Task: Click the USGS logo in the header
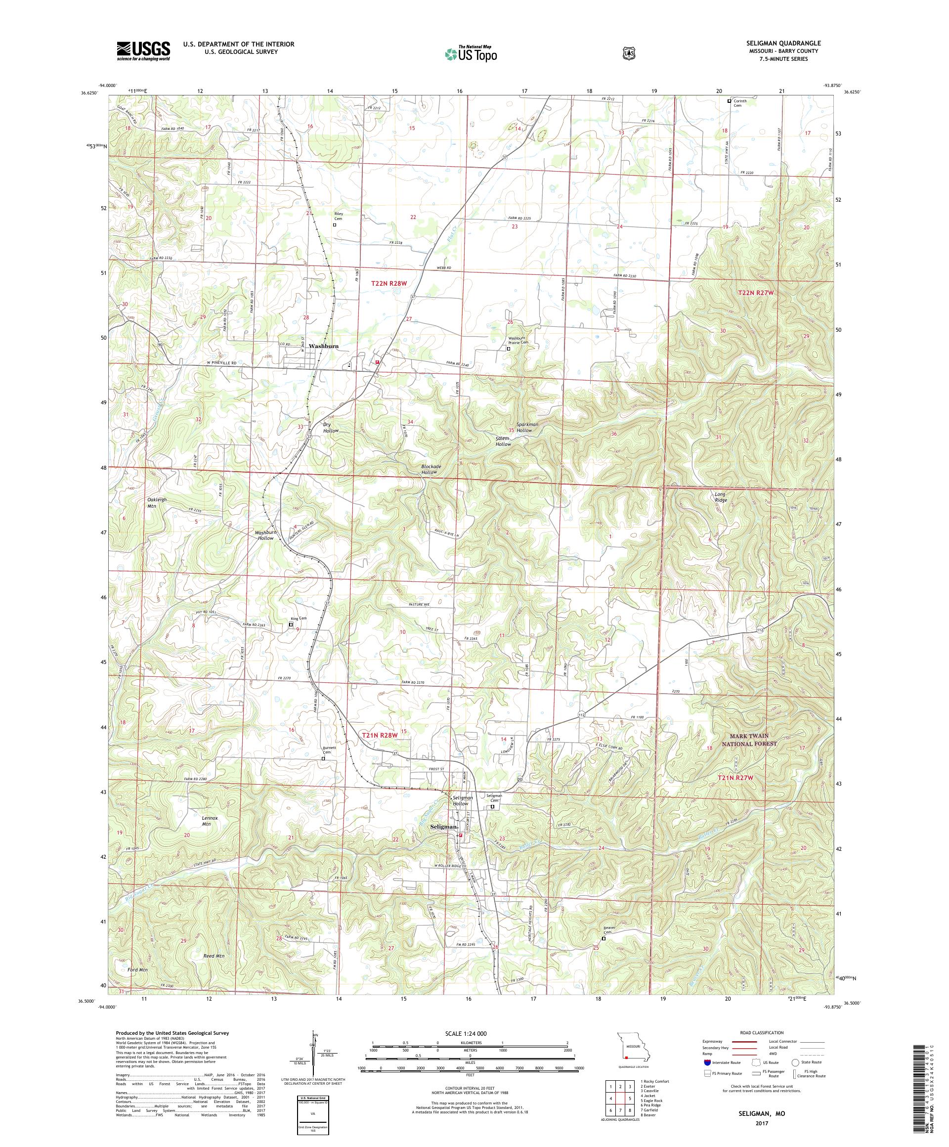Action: click(x=143, y=51)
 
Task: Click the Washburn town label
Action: click(x=323, y=346)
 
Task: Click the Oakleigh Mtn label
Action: click(x=157, y=502)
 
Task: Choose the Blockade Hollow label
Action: click(x=431, y=469)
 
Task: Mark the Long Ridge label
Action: click(x=721, y=497)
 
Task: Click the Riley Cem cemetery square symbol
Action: click(x=335, y=224)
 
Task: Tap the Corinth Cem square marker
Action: click(x=729, y=101)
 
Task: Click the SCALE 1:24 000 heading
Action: click(x=470, y=1034)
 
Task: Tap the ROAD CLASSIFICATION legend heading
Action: click(x=761, y=1033)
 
